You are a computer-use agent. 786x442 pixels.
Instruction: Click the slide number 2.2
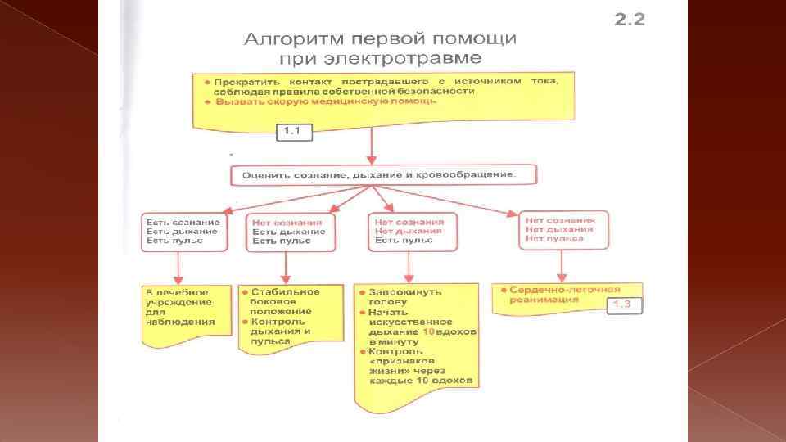tap(629, 20)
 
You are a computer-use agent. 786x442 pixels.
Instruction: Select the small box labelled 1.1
tap(293, 131)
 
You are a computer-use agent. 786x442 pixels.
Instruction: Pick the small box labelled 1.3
tap(623, 305)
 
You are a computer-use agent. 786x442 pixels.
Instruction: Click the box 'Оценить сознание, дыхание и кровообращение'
tap(373, 174)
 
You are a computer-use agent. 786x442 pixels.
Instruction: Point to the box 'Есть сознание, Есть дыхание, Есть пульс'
tap(183, 232)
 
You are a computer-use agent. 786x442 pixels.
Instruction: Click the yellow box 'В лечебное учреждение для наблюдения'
tap(178, 307)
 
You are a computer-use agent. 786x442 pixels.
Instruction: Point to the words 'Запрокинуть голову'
tap(405, 295)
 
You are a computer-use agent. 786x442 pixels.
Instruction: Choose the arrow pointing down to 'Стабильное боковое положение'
tap(284, 265)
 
